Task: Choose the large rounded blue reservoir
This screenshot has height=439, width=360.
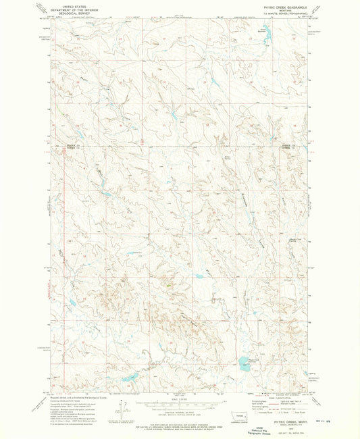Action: click(241, 360)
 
